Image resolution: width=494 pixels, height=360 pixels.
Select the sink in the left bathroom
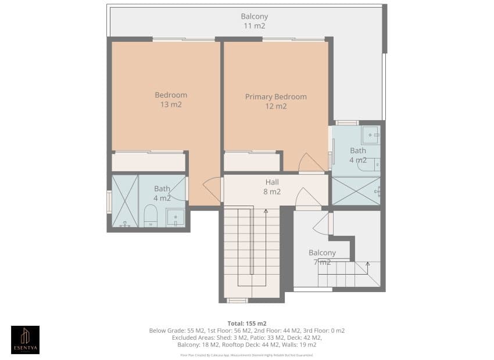175,218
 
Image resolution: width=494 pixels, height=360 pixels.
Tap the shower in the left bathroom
125,201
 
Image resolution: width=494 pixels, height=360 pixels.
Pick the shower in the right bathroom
355,190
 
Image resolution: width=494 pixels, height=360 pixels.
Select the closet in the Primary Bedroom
250,161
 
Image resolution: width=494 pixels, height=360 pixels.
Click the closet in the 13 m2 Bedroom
148,161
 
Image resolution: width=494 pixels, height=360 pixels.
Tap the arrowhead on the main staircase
266,211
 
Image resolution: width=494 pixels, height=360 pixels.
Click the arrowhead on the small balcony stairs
367,264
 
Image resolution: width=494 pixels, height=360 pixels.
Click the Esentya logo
26,340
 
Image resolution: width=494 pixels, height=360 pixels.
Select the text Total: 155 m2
246,323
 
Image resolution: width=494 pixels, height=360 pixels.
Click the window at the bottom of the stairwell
237,300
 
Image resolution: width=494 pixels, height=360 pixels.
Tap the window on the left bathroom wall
109,201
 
